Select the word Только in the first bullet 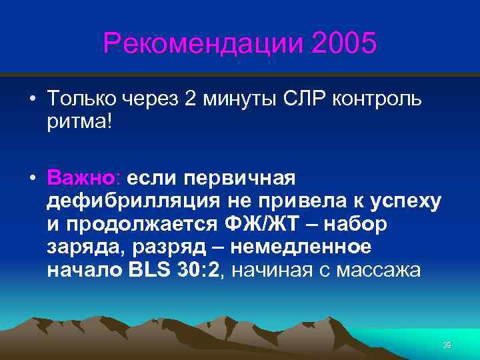tap(81, 99)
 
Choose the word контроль tap(380, 99)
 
